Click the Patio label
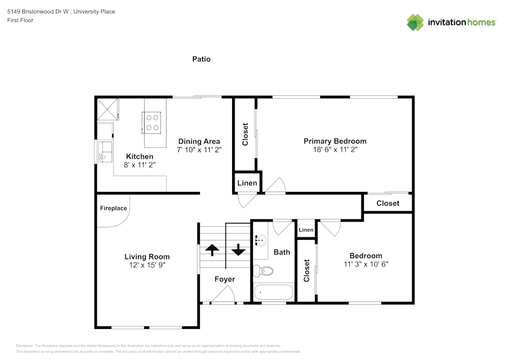[x=201, y=59]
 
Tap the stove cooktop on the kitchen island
[x=152, y=122]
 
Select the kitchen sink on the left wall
[x=106, y=152]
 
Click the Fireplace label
[x=113, y=208]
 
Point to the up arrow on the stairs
[x=212, y=250]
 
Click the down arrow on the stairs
[x=238, y=250]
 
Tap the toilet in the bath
[x=264, y=271]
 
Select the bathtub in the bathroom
[x=274, y=292]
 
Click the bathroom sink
[x=261, y=240]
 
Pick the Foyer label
[x=224, y=279]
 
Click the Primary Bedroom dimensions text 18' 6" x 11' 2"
[x=335, y=150]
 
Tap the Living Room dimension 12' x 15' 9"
[x=147, y=265]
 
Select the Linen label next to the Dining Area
[x=247, y=183]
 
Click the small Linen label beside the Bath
[x=306, y=230]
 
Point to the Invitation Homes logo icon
[x=415, y=22]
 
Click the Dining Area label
[x=199, y=142]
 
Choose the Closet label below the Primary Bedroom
[x=388, y=203]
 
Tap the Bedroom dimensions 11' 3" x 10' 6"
[x=365, y=264]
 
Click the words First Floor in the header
[x=20, y=20]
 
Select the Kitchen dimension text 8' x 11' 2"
[x=139, y=165]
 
